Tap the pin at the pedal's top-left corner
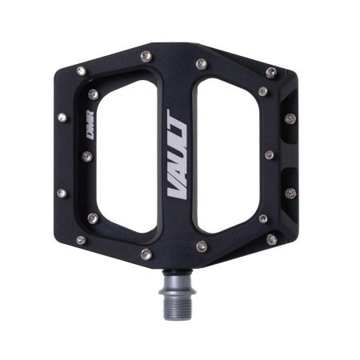[x=80, y=71]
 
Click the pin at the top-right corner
[x=272, y=72]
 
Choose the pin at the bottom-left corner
[x=80, y=239]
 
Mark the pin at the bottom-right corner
[x=272, y=239]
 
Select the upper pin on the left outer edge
[x=62, y=118]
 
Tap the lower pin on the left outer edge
[x=62, y=193]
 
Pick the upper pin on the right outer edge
[x=290, y=118]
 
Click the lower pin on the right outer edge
[x=290, y=194]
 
